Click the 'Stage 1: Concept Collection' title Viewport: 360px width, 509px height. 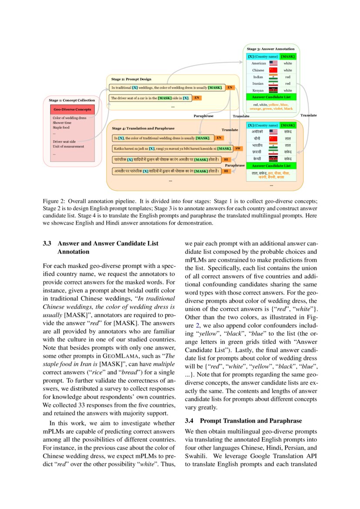click(x=71, y=101)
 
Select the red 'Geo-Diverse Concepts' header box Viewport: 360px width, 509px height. click(x=72, y=109)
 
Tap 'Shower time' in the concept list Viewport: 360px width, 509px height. click(x=62, y=123)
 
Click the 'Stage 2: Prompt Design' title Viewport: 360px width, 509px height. click(x=131, y=79)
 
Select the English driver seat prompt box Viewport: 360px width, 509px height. click(x=150, y=98)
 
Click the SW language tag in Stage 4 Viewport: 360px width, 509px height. click(x=238, y=148)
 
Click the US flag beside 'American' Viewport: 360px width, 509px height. click(x=273, y=63)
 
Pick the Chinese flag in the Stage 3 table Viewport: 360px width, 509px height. click(x=273, y=70)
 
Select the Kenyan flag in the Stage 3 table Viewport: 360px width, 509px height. click(x=273, y=90)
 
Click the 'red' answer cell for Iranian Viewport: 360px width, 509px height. click(x=288, y=84)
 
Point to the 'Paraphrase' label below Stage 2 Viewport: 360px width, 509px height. click(x=203, y=116)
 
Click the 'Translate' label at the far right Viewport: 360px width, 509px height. click(x=308, y=115)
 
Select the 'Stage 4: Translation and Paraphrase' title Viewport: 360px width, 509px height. click(x=143, y=128)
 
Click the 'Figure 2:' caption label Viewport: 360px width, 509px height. click(x=54, y=201)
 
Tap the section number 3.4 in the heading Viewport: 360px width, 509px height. click(x=189, y=421)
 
